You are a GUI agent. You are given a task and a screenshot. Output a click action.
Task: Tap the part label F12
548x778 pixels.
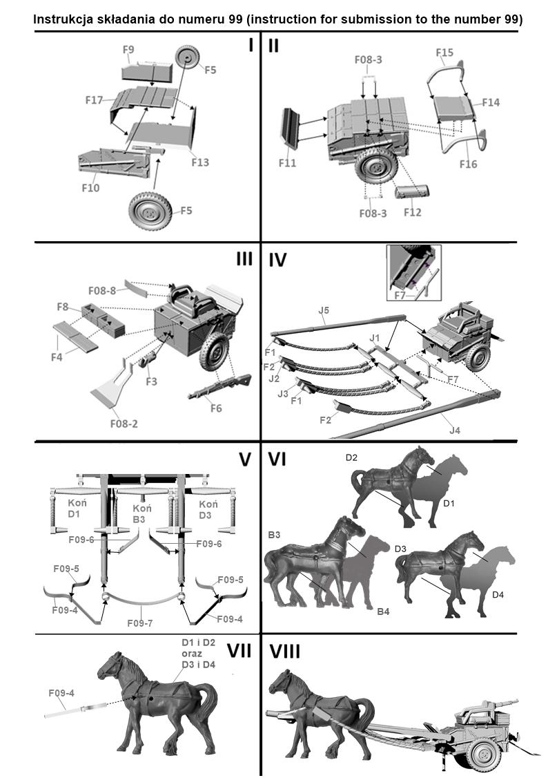pos(412,213)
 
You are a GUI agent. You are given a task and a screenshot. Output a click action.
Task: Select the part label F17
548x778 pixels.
pos(95,100)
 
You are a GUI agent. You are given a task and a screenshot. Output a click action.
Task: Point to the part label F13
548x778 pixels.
pos(200,162)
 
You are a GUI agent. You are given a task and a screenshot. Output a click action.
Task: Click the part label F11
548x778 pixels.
pos(287,163)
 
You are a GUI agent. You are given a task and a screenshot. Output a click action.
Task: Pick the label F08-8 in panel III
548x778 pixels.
pos(102,290)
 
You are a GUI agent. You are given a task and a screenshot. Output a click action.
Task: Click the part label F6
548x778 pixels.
pos(216,408)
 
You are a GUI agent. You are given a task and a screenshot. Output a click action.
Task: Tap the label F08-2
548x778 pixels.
pos(123,423)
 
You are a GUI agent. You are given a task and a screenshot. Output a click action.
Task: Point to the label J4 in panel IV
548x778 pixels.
pos(454,430)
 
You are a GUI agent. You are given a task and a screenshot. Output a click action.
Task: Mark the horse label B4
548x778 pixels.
pos(384,611)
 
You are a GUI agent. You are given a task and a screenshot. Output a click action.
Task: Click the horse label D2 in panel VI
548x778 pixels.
pos(353,457)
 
